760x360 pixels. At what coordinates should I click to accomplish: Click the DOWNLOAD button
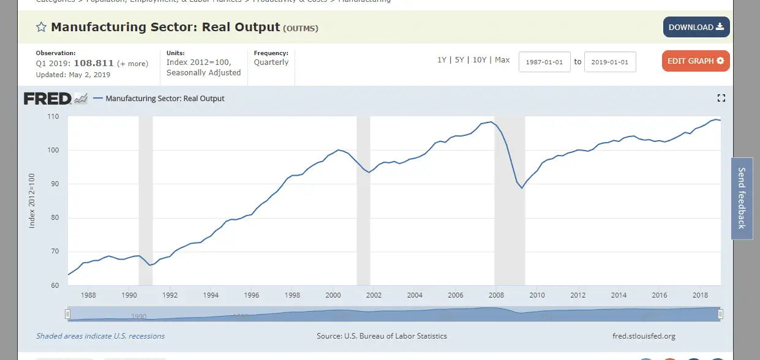696,27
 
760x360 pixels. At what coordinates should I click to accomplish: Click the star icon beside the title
41,27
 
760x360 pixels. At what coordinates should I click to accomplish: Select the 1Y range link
442,60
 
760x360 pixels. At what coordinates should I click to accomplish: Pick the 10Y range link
480,60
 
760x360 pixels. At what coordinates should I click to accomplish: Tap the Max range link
502,60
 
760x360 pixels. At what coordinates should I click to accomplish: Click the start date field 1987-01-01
544,62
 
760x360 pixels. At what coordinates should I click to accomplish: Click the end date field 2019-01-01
610,62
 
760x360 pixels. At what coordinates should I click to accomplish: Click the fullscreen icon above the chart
721,98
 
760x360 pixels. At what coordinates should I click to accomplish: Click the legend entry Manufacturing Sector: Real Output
165,98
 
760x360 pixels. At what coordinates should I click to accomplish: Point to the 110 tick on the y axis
53,116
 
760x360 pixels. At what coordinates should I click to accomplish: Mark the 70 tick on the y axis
54,252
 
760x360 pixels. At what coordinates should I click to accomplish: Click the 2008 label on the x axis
496,295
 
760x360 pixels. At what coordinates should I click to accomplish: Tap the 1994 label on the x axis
211,295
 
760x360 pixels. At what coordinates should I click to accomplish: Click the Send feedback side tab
742,198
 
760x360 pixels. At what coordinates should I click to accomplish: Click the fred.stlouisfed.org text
644,336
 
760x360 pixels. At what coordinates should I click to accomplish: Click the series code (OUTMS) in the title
300,28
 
